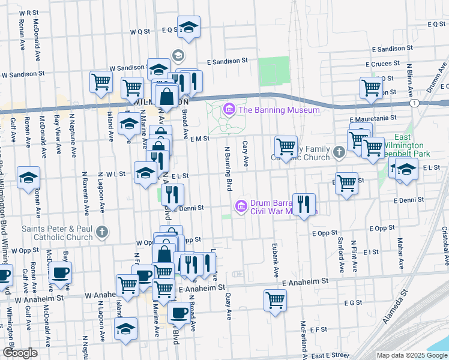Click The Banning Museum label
click(279, 110)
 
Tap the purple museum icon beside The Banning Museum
click(229, 110)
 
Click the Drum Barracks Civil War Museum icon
click(242, 206)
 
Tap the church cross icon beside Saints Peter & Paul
click(103, 232)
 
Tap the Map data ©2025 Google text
click(411, 355)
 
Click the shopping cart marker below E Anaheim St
click(276, 300)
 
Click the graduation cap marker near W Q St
click(188, 26)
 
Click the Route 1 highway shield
click(415, 103)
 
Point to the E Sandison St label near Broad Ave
click(228, 61)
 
